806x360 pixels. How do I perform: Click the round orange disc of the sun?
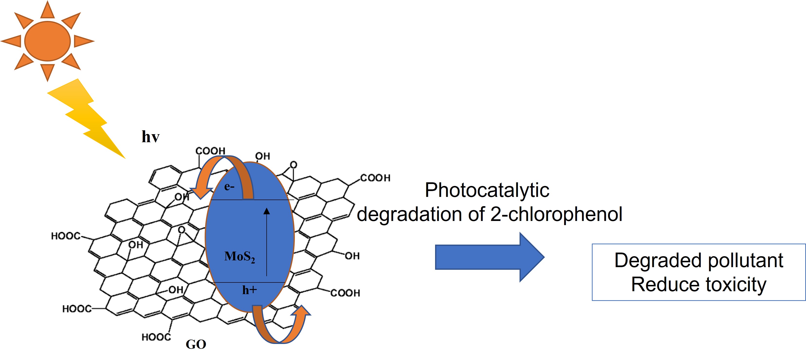click(x=48, y=41)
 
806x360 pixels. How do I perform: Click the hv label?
click(x=150, y=137)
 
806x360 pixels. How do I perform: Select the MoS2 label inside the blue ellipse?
click(x=240, y=257)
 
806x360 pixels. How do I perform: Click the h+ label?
click(x=249, y=290)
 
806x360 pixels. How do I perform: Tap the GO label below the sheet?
click(x=196, y=344)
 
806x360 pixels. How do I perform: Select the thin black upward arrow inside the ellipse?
click(x=267, y=241)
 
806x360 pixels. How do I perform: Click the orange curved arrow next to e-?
click(x=219, y=175)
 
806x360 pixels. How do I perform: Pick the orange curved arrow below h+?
click(x=282, y=329)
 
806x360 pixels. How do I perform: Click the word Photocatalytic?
click(x=487, y=190)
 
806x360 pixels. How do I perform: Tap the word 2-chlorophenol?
click(x=556, y=214)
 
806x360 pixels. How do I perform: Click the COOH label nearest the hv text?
click(x=210, y=151)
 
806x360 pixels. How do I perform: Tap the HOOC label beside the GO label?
click(x=156, y=337)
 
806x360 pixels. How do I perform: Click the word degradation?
click(x=421, y=214)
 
